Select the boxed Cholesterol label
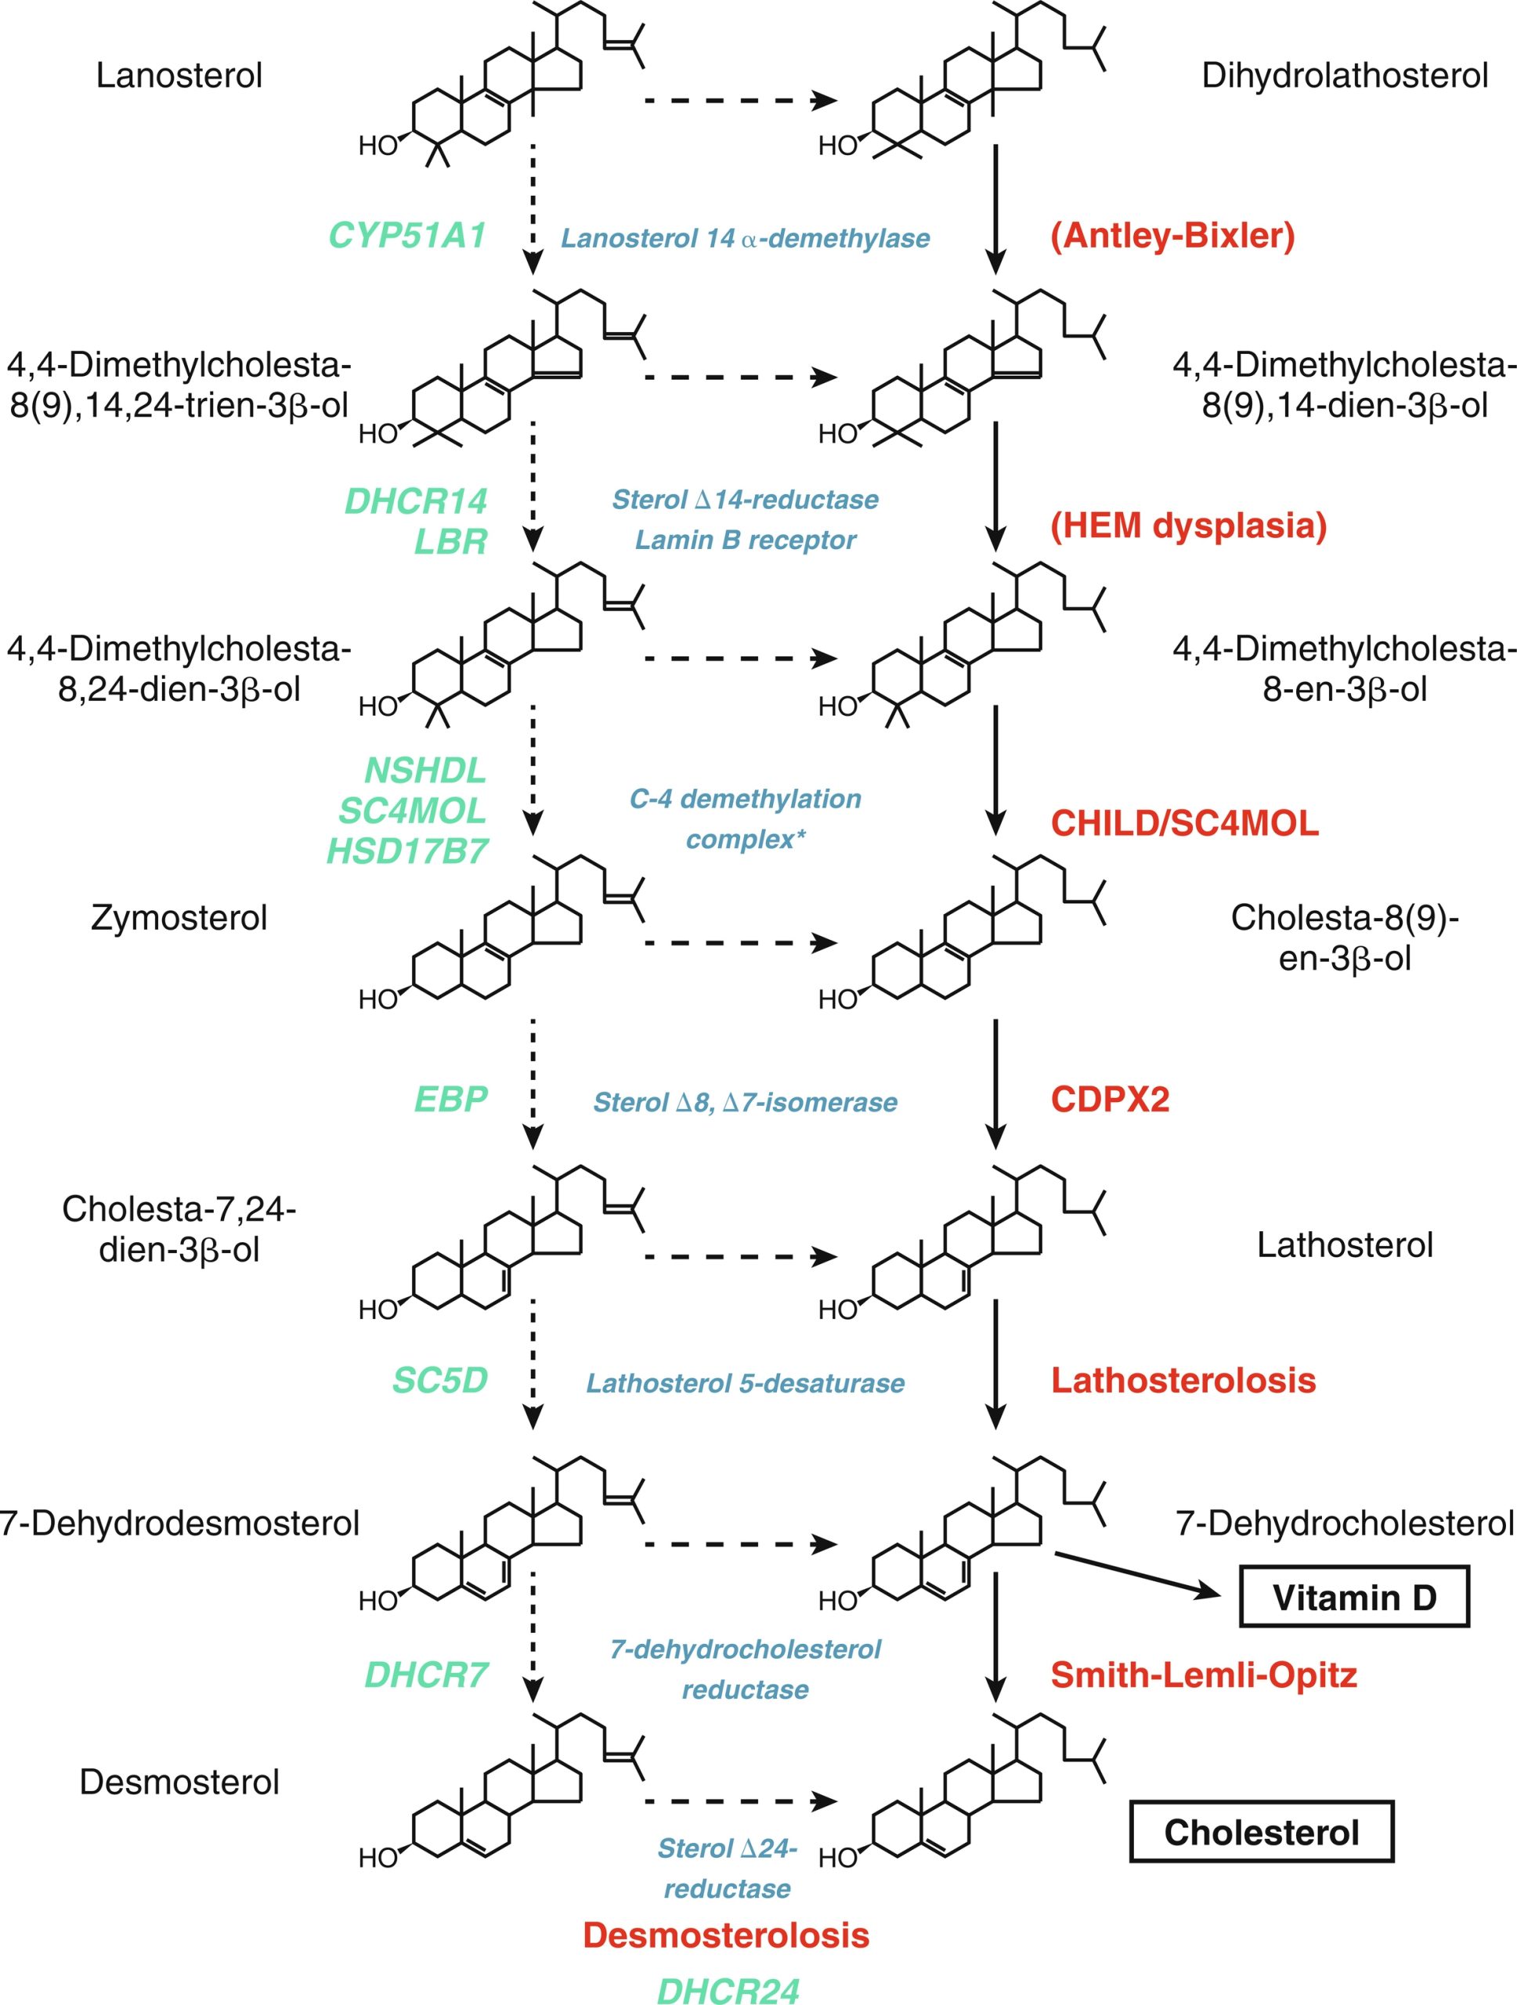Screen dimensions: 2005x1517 coord(1262,1832)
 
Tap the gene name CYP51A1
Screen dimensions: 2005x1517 coord(407,236)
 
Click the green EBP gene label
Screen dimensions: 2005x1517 coord(450,1100)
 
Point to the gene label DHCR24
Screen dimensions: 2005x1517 coord(728,1989)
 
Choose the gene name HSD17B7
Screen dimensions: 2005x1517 coord(407,851)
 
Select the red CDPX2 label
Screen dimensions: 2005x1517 coord(1110,1100)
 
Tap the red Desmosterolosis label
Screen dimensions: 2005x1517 coord(726,1935)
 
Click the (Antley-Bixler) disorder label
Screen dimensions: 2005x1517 coord(1172,236)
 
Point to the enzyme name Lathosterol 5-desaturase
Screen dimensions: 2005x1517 coord(745,1383)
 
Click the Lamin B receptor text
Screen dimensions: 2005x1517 coord(745,540)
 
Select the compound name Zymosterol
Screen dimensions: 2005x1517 coord(179,918)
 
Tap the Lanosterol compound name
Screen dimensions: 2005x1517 coord(179,75)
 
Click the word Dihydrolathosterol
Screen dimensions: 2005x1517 coord(1345,75)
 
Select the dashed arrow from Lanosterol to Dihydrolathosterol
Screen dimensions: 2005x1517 coord(739,99)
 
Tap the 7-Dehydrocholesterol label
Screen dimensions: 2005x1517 coord(1345,1523)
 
